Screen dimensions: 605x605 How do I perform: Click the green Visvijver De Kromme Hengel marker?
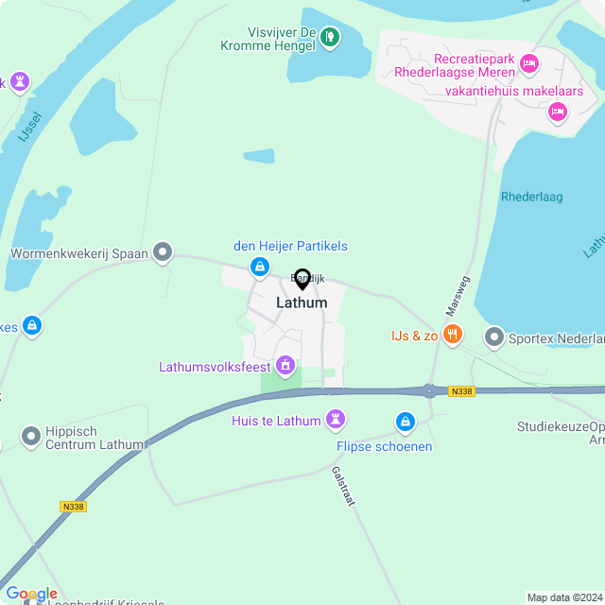330,37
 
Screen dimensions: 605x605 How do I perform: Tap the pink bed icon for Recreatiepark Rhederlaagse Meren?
528,63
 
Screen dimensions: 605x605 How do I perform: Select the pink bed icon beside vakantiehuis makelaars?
558,112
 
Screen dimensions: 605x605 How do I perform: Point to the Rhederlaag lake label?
531,197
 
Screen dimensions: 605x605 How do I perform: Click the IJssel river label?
29,127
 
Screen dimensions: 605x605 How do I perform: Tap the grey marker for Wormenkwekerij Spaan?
164,252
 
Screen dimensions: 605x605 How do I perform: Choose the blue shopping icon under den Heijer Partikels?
258,268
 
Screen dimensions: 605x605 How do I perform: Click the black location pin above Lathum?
302,279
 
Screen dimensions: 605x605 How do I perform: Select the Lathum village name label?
302,302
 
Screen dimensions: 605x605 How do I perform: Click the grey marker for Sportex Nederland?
494,337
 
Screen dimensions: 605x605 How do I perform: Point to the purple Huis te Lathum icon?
336,418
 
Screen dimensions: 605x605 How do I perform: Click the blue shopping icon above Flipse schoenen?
406,421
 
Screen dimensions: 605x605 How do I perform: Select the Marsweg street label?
458,296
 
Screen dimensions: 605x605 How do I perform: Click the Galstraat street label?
342,486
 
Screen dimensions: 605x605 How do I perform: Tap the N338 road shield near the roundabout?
461,391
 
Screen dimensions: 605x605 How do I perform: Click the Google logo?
31,594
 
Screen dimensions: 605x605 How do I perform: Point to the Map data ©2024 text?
563,596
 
